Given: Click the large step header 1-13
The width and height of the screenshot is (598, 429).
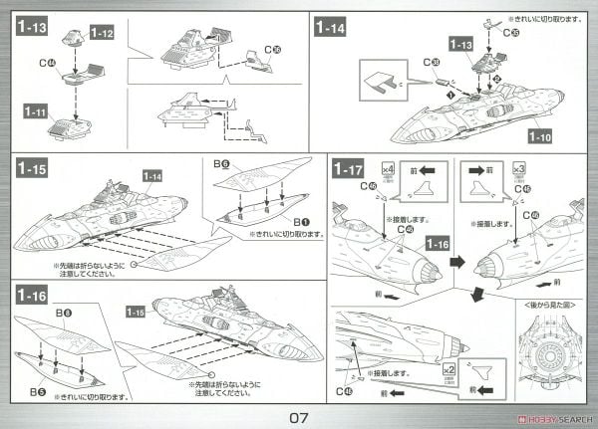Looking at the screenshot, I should [34, 27].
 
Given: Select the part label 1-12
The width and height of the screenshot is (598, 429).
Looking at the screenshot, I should [102, 34].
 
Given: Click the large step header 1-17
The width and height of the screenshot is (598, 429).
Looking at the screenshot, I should [348, 170].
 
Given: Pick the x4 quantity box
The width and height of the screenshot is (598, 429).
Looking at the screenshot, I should [388, 170].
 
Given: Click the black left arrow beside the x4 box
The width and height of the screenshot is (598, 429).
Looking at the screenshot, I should [420, 171].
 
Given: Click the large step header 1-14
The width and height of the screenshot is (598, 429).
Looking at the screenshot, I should [337, 27].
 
